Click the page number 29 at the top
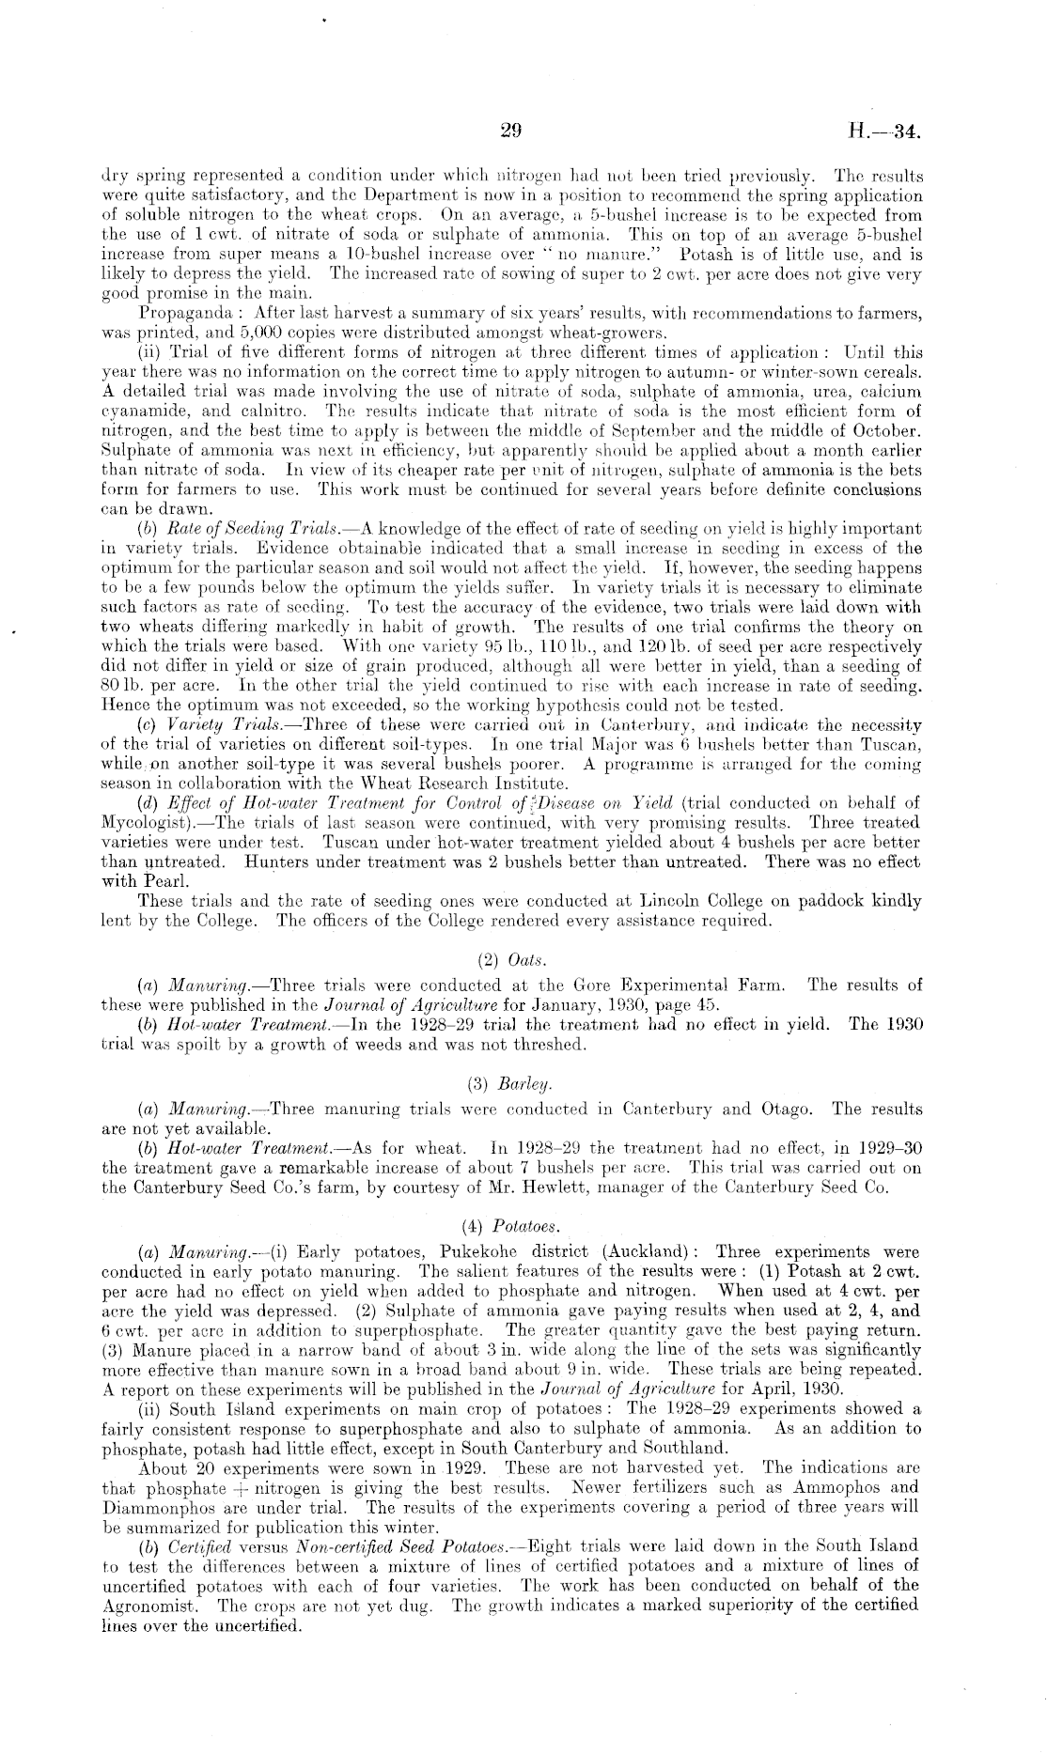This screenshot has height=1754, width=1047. tap(511, 132)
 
